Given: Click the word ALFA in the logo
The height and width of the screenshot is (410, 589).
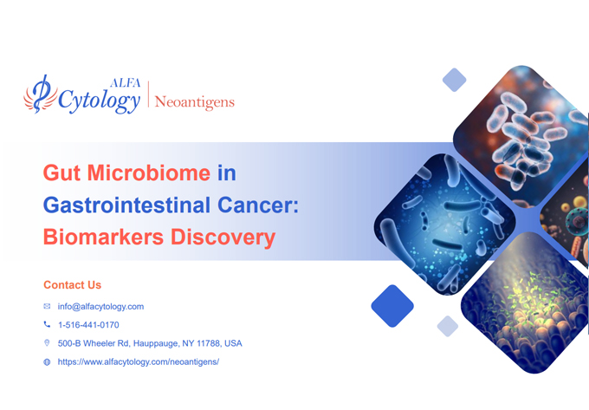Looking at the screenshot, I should [123, 83].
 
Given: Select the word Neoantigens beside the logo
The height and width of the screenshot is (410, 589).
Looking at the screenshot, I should [194, 102].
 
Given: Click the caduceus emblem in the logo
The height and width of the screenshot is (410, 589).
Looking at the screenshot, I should [40, 95].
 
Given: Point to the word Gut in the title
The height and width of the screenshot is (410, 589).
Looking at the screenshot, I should [62, 173].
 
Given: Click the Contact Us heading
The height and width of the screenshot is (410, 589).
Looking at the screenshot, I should [72, 285].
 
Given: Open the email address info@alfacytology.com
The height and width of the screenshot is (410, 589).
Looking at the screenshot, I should [100, 306].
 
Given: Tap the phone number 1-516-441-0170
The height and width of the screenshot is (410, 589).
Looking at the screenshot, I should [88, 325].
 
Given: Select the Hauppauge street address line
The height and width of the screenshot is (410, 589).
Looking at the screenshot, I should [150, 343].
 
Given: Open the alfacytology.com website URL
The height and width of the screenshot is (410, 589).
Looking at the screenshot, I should [139, 361].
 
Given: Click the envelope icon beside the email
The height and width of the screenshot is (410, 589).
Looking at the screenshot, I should [47, 306].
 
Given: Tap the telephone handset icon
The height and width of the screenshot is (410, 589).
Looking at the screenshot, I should [47, 325].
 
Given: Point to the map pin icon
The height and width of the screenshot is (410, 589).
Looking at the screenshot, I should [47, 343].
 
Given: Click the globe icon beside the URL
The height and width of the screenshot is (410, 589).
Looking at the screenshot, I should [47, 361].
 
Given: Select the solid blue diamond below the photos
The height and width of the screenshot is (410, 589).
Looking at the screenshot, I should [392, 306].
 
